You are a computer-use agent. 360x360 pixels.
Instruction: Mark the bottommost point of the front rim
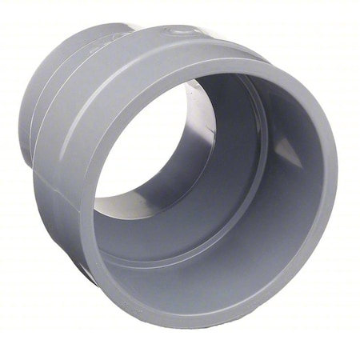click(216, 327)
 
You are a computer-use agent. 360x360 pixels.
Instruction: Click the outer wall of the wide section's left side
click(60, 200)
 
